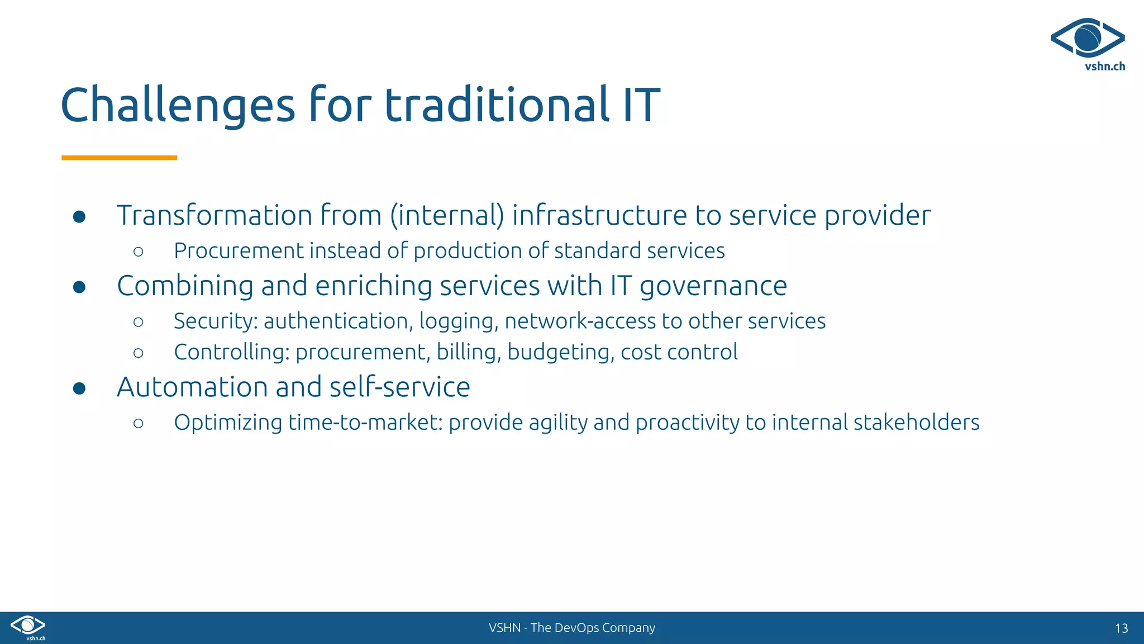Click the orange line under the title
[x=119, y=158]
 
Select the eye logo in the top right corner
[x=1088, y=37]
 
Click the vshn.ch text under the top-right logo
[x=1104, y=67]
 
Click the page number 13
[x=1121, y=628]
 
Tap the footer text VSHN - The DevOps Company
[x=571, y=628]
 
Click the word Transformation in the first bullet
[x=214, y=215]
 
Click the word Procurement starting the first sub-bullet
[x=239, y=250]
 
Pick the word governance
[x=713, y=286]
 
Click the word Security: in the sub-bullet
[x=215, y=321]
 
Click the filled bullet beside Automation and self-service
[x=79, y=388]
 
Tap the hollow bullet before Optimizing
[x=139, y=423]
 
